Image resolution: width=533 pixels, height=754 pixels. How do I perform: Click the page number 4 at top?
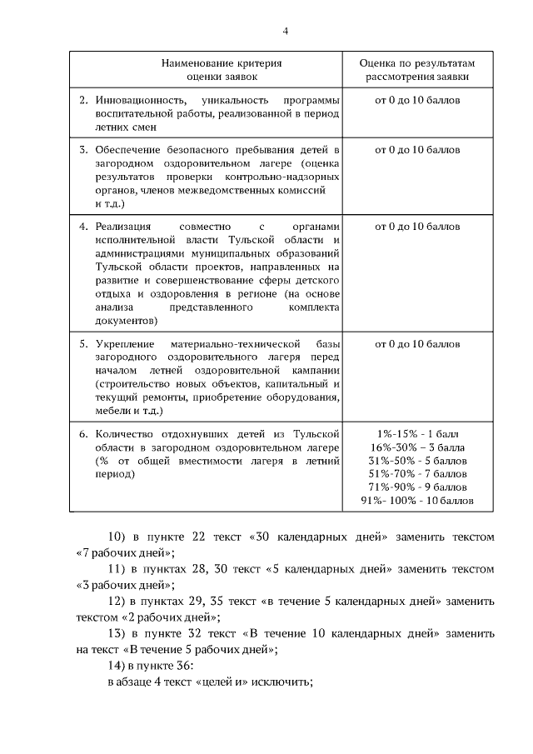coord(286,32)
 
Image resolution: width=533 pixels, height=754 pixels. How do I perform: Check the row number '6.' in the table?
coord(83,434)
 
